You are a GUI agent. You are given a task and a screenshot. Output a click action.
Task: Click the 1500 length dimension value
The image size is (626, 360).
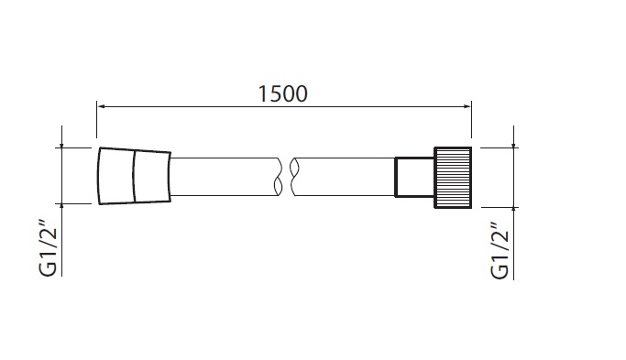click(283, 93)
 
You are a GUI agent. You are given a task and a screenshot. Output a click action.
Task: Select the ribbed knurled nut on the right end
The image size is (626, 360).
click(453, 178)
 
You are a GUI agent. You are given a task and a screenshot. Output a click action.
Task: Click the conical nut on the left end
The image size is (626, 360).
click(135, 176)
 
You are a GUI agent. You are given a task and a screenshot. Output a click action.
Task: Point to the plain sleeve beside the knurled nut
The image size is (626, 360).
click(414, 177)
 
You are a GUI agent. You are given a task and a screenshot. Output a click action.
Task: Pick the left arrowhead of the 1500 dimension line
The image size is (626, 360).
click(102, 106)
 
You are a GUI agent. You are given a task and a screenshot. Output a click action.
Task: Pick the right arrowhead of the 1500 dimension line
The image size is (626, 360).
click(467, 106)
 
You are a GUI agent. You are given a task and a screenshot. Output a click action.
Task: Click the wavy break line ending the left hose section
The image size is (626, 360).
click(279, 177)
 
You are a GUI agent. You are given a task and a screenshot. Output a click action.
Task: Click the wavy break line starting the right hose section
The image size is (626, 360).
click(294, 177)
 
